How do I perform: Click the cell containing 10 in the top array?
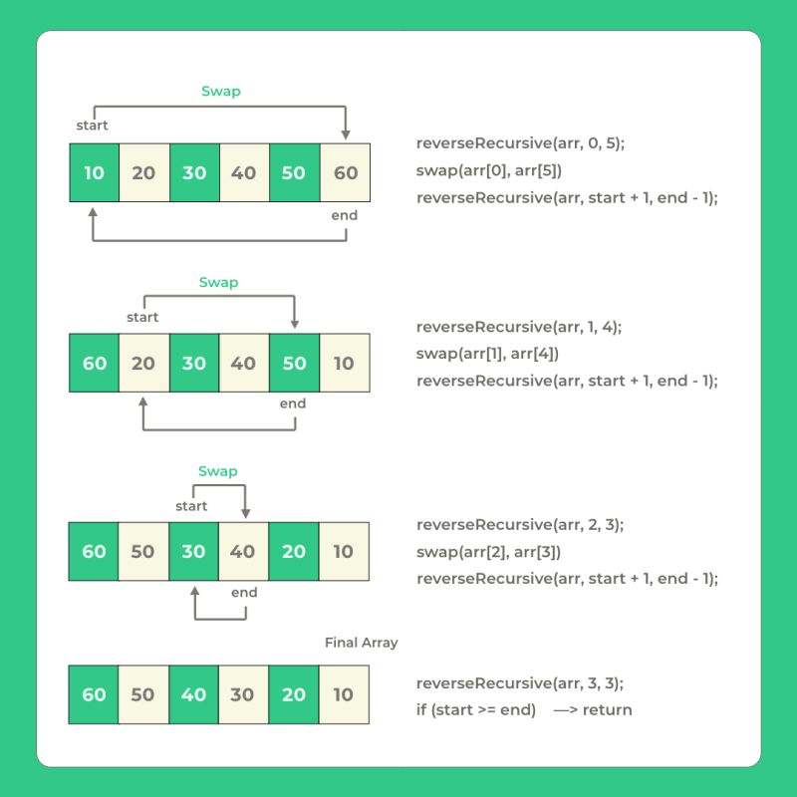[x=94, y=172]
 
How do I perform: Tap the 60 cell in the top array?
[x=345, y=172]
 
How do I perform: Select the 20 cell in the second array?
[x=143, y=363]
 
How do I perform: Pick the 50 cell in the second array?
[x=294, y=363]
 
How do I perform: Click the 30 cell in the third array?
[x=193, y=551]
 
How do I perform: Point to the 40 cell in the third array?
[x=243, y=551]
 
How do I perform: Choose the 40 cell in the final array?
[x=193, y=694]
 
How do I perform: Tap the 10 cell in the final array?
[x=344, y=694]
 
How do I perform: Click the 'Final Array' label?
[x=361, y=643]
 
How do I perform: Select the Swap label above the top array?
[x=220, y=92]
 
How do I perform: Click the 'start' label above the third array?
[x=191, y=506]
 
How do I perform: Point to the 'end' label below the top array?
[x=344, y=215]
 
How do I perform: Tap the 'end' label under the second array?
[x=293, y=403]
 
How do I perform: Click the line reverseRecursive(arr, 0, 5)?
[x=520, y=143]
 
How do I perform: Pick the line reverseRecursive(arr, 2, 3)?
[x=520, y=525]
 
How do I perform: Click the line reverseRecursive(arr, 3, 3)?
[x=520, y=683]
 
